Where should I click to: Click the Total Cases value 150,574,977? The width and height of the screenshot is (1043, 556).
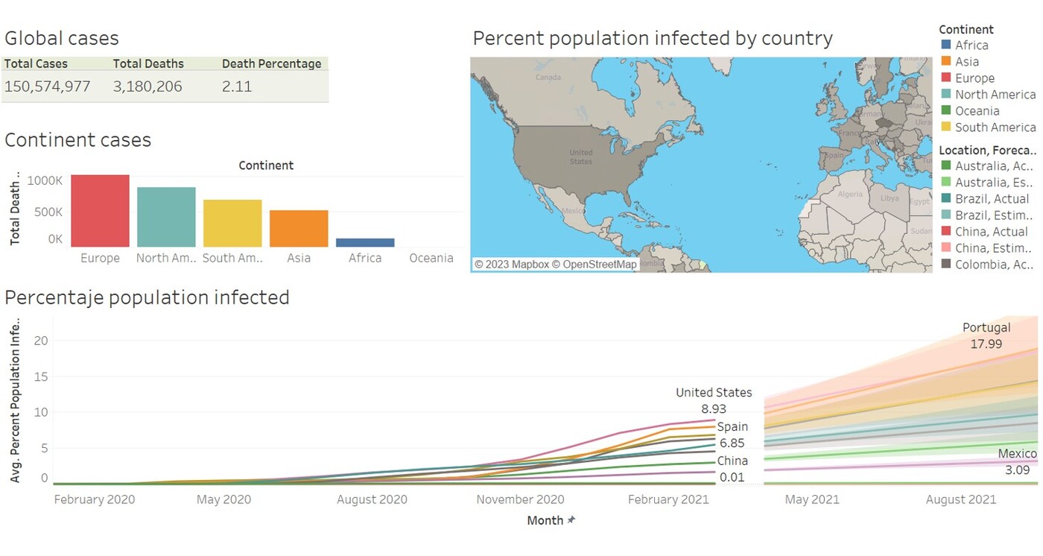click(x=47, y=86)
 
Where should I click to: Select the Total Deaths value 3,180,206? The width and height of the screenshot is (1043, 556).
click(x=148, y=86)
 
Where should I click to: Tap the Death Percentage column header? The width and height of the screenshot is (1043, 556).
click(x=271, y=64)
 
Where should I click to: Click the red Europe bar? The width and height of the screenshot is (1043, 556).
click(x=100, y=211)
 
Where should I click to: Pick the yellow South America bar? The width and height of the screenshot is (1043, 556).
click(x=232, y=224)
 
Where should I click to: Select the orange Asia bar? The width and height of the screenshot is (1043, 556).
click(x=299, y=229)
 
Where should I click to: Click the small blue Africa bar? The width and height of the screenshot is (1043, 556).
click(x=365, y=242)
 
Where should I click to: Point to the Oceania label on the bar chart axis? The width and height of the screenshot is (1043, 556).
click(x=431, y=259)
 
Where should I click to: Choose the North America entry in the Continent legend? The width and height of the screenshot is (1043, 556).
click(x=995, y=95)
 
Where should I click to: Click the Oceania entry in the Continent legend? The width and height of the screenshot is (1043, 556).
click(x=977, y=111)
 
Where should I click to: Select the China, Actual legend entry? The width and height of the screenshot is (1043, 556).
click(x=991, y=232)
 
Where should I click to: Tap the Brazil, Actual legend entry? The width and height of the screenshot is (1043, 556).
click(x=991, y=199)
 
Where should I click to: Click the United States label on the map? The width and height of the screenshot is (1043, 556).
click(x=581, y=157)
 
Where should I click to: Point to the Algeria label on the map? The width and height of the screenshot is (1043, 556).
click(x=850, y=194)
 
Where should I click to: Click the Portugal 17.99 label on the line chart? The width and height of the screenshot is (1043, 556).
click(x=986, y=335)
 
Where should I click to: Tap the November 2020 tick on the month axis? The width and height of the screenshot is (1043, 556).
click(x=520, y=499)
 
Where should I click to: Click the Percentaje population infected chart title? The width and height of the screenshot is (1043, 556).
click(x=147, y=297)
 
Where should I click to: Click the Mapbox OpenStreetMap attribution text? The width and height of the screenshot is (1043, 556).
click(x=555, y=265)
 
